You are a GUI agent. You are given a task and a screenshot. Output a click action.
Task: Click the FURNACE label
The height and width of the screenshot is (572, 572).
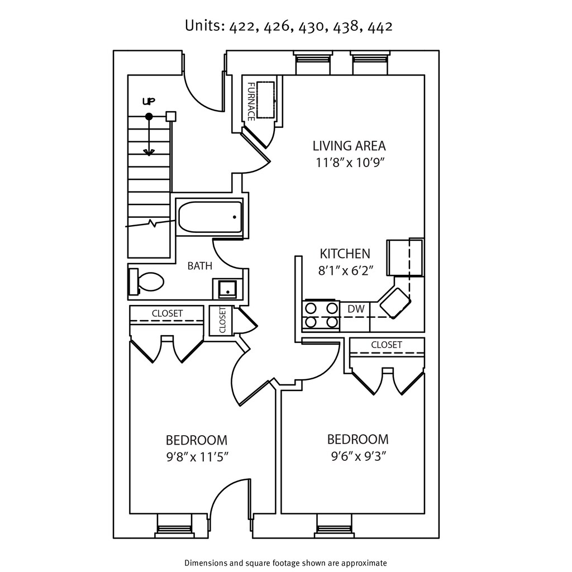[x=252, y=101]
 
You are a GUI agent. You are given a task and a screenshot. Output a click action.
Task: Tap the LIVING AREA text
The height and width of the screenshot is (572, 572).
[x=349, y=146]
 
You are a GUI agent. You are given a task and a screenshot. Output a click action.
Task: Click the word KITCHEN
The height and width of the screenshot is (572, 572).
[x=345, y=254]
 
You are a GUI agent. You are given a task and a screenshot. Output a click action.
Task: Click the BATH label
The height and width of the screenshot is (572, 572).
[x=199, y=266]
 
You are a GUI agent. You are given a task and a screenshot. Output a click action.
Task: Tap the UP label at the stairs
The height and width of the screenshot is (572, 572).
[x=148, y=101]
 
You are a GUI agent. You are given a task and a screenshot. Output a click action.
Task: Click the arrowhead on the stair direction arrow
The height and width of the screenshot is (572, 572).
[x=149, y=152]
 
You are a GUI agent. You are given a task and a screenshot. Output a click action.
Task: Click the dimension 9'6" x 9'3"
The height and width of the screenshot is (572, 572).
[x=357, y=456]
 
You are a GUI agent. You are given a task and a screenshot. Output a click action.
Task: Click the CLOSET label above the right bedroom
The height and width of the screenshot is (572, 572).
[x=387, y=345]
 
